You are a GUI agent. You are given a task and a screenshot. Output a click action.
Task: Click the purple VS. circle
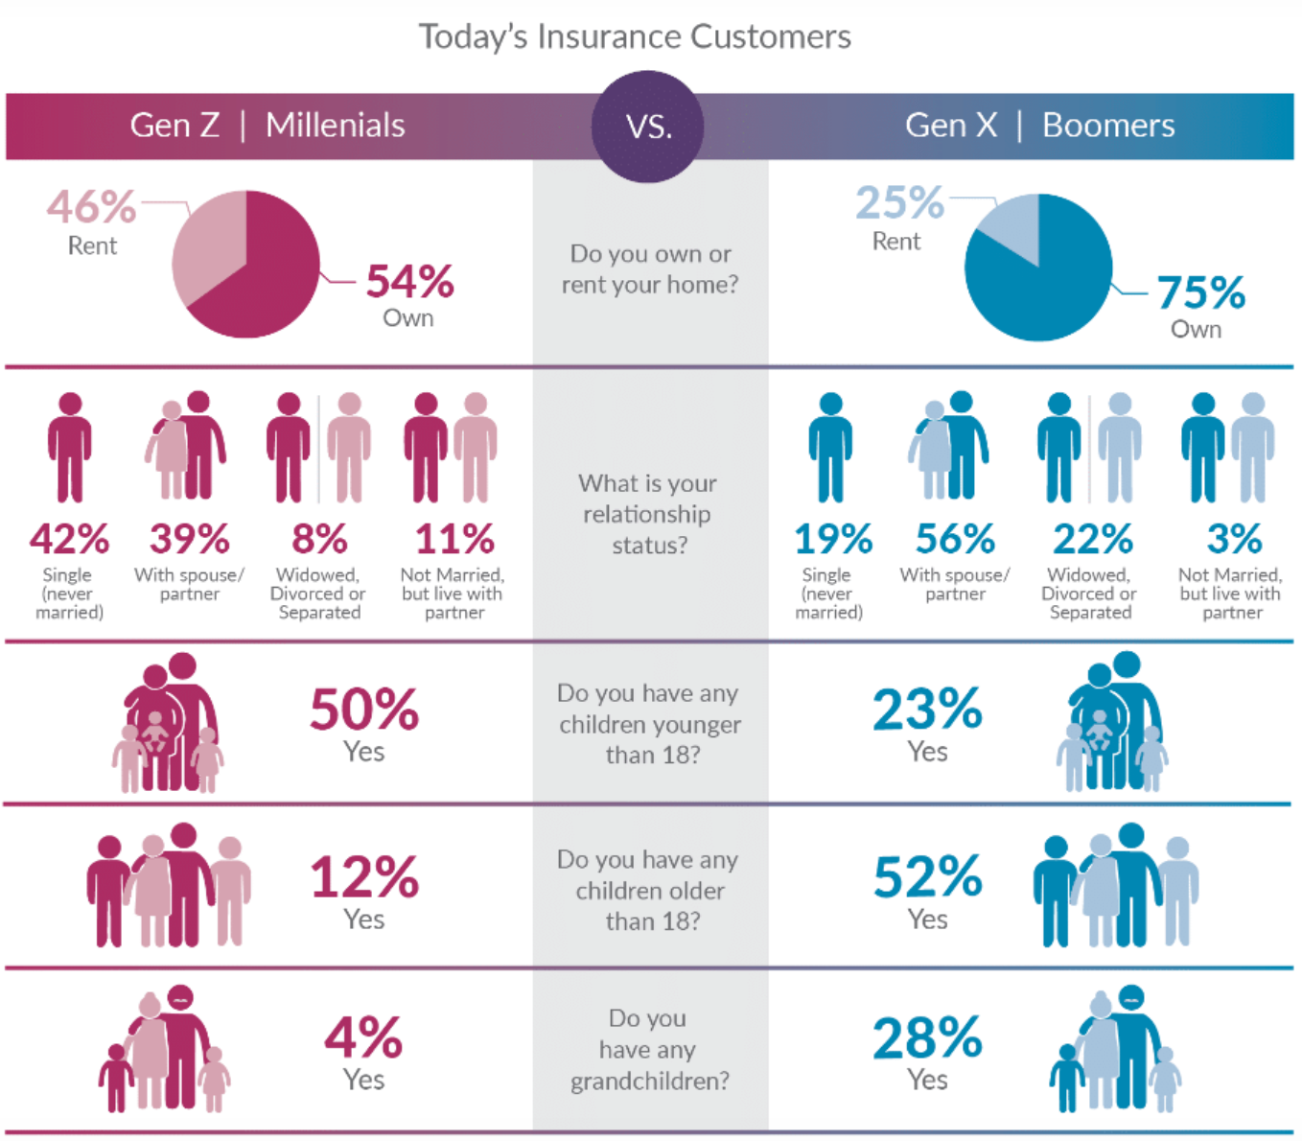[648, 126]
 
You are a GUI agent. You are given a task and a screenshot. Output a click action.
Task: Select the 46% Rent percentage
[92, 207]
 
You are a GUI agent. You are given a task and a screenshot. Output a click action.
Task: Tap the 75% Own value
[1200, 292]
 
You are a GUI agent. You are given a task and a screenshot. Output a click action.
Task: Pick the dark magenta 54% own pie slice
[264, 278]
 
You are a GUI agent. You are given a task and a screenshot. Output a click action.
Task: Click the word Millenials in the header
[335, 126]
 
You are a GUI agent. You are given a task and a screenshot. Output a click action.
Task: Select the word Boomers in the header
[1108, 126]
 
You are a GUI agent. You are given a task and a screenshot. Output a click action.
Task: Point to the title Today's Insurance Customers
[635, 36]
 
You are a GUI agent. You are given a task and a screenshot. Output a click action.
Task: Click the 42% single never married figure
[69, 539]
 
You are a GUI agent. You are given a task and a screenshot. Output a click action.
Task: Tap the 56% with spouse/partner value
[955, 539]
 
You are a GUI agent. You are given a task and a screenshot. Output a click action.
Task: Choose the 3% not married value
[1234, 539]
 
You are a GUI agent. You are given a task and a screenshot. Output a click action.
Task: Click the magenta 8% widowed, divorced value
[319, 539]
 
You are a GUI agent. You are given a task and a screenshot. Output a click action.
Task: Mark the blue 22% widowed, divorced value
[1092, 539]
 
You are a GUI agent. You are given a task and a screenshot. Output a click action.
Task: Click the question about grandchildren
[649, 1050]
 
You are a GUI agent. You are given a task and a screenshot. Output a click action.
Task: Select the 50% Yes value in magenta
[364, 710]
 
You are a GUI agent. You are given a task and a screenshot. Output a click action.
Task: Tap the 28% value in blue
[927, 1038]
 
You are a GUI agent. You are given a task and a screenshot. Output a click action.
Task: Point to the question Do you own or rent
[650, 268]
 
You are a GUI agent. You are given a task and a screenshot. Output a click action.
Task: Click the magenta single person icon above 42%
[70, 447]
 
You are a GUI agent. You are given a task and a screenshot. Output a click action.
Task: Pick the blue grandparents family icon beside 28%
[1115, 1049]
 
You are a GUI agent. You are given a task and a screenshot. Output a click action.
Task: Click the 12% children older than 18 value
[364, 877]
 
